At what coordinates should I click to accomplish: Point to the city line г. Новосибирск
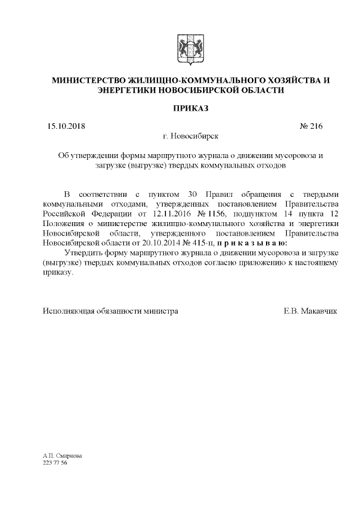[190, 136]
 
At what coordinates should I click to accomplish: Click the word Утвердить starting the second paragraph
[84, 253]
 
